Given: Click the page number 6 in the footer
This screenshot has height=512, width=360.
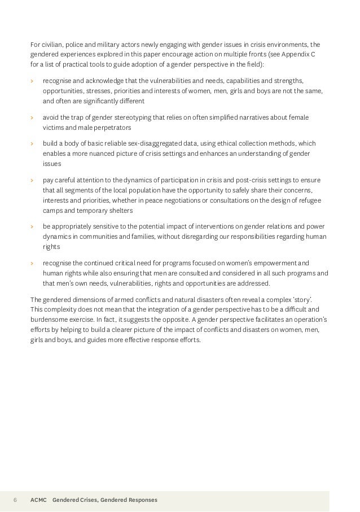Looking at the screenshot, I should click(15, 500).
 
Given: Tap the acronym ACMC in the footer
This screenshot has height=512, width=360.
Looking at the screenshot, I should click(38, 500).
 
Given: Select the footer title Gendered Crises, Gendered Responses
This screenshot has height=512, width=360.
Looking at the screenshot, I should click(104, 500).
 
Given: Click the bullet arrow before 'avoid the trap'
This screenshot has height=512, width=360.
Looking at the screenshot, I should click(32, 117).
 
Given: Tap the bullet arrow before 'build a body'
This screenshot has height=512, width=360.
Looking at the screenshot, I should click(32, 143).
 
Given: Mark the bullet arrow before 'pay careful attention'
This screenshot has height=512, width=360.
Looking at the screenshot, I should click(32, 180).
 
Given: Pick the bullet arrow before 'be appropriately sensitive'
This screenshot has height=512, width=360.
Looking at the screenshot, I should click(32, 226).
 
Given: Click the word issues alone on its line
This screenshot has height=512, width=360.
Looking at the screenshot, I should click(51, 164).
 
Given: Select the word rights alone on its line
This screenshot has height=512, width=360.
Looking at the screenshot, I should click(51, 247).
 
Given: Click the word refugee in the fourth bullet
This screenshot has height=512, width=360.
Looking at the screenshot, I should click(313, 200).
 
